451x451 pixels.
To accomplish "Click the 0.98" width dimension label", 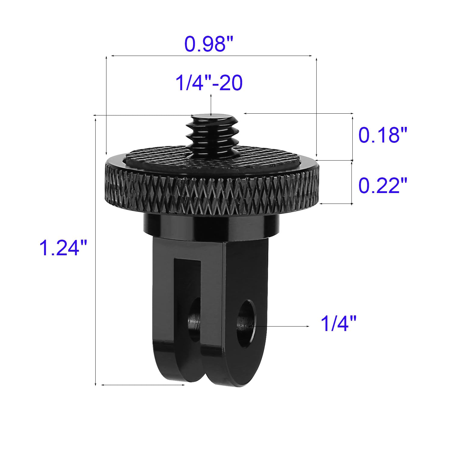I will click(209, 44).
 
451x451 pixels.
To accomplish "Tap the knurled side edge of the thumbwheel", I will click(210, 192).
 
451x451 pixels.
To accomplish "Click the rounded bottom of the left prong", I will click(177, 370).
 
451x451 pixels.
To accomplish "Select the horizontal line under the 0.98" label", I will click(210, 56).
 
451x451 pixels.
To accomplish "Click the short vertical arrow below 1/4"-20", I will click(211, 105).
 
